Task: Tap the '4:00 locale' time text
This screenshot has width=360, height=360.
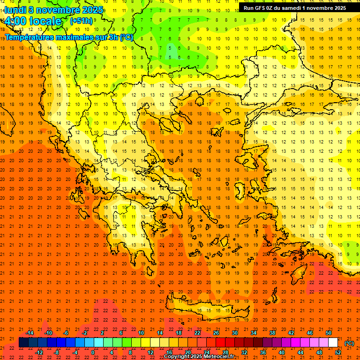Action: (x=33, y=21)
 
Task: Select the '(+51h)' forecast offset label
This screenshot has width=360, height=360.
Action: (x=81, y=21)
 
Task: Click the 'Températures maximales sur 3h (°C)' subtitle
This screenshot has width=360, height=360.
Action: (x=68, y=37)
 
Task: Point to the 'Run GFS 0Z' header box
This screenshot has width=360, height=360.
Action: (x=295, y=7)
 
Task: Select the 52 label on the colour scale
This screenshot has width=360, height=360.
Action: (x=338, y=352)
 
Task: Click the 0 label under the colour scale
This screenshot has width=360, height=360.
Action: (x=93, y=352)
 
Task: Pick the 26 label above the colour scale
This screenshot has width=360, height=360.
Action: (x=216, y=333)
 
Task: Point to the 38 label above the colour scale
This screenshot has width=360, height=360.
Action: (x=272, y=333)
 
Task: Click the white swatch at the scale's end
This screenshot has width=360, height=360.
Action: (x=333, y=343)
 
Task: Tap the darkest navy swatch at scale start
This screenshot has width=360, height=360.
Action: (x=23, y=343)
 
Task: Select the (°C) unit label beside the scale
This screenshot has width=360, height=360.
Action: (x=349, y=343)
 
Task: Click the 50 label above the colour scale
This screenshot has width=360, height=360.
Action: (x=329, y=333)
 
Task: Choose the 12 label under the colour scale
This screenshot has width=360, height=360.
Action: (x=150, y=352)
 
